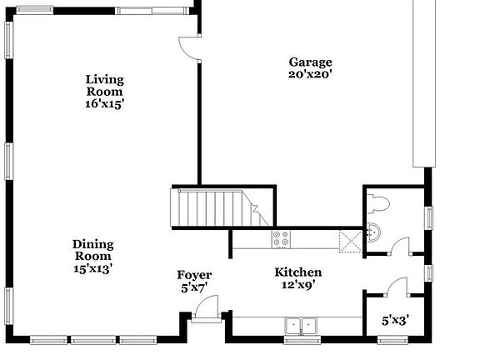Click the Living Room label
[x=105, y=92]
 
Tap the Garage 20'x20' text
[x=310, y=68]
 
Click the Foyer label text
[x=194, y=281]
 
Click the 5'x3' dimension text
[x=396, y=319]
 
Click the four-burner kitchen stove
[x=282, y=239]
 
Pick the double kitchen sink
[x=302, y=325]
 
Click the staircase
[x=215, y=207]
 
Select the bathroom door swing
[x=402, y=245]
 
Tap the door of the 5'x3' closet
[x=396, y=285]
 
